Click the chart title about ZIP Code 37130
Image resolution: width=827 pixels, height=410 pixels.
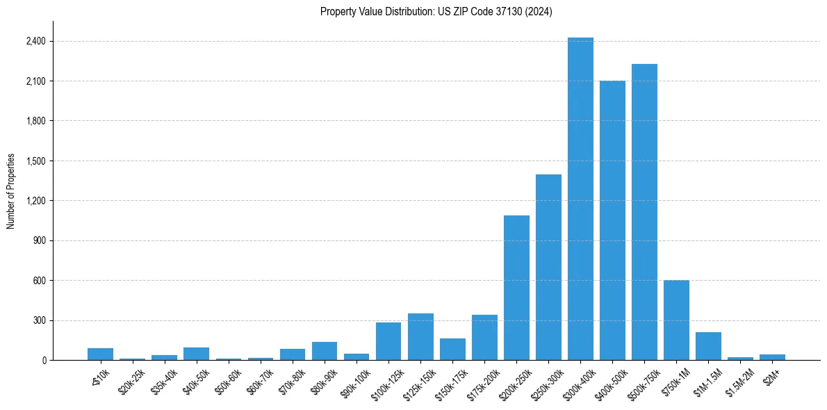coord(436,12)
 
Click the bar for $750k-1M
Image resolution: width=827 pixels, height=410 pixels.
coord(676,320)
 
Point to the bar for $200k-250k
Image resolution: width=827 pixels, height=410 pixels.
coord(516,288)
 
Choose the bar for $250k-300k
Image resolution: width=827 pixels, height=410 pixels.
coord(548,268)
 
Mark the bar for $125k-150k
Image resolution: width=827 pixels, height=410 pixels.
coord(420,337)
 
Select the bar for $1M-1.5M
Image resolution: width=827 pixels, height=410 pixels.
coord(708,346)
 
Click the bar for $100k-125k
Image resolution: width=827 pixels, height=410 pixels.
coord(388,341)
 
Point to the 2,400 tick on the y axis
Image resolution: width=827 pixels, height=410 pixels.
coord(35,41)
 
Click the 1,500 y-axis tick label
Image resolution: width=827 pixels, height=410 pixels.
coord(35,161)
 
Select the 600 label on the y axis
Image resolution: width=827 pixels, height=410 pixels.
coord(39,281)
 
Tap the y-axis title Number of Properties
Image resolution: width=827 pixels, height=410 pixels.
coord(11,191)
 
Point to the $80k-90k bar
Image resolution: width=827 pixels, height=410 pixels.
coord(325,351)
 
